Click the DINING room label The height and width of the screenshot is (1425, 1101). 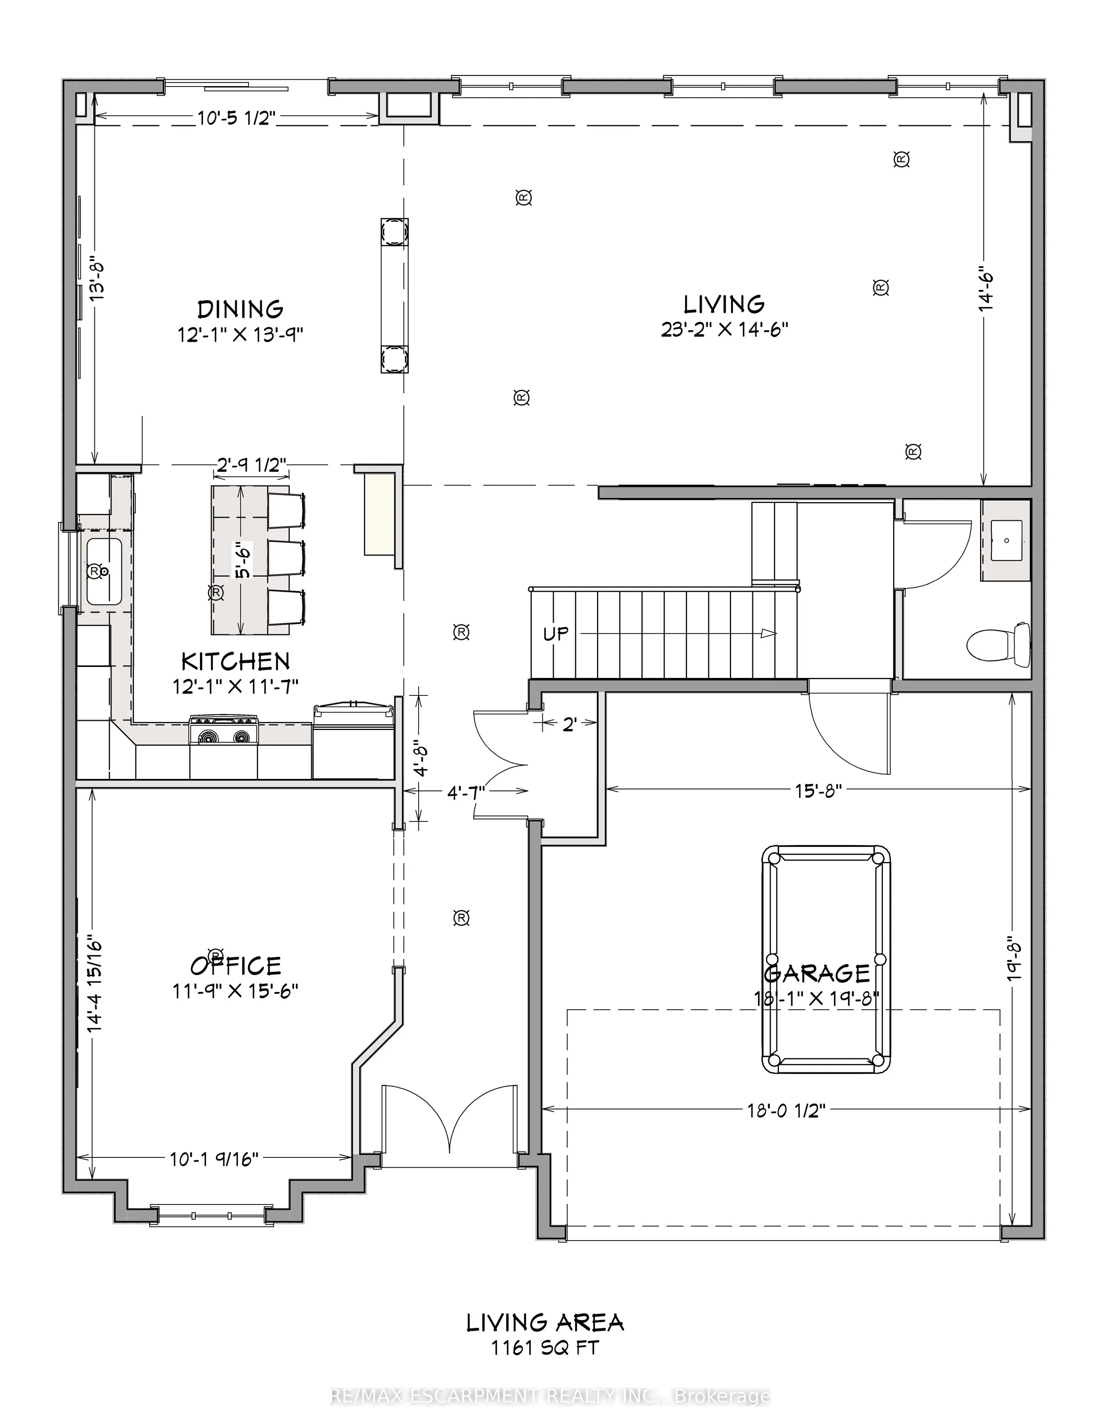point(240,309)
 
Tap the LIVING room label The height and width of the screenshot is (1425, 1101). point(724,304)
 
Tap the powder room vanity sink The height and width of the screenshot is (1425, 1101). point(1006,540)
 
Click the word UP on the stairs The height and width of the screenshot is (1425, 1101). point(556,633)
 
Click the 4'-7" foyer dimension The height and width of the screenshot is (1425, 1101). point(465,792)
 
